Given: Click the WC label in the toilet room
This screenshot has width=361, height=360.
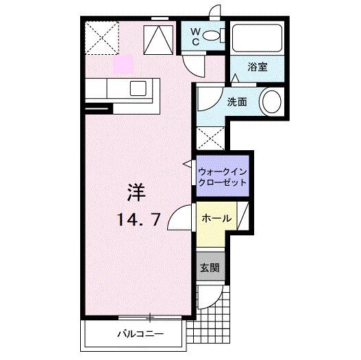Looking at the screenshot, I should click(195, 36).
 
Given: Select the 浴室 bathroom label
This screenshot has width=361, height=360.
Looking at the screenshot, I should click(258, 67).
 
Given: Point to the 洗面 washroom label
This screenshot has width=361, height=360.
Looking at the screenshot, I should click(238, 102).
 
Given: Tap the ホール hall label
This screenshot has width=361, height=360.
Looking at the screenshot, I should click(216, 219).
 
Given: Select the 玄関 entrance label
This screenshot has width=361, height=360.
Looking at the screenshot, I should click(210, 267).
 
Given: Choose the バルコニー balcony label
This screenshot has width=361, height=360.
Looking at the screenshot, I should click(134, 335).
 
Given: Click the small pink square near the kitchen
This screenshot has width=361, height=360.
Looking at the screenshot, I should click(122, 64).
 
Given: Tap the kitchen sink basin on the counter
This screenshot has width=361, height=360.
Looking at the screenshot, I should click(138, 87).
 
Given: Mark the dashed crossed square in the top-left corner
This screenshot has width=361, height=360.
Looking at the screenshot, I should click(102, 38).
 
